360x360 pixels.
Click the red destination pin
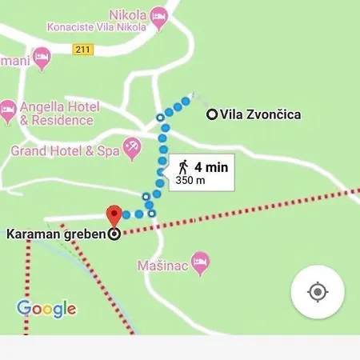114,215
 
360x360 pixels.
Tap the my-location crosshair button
318,292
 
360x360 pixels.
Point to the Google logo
46,308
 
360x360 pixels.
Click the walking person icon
183,166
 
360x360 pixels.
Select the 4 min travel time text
211,166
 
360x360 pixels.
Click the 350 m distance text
190,181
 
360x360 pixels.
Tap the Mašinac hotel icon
201,261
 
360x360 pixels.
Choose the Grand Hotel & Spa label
64,150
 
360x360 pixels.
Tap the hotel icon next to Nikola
160,15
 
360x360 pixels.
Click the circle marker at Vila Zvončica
212,114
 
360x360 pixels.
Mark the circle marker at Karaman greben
114,234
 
